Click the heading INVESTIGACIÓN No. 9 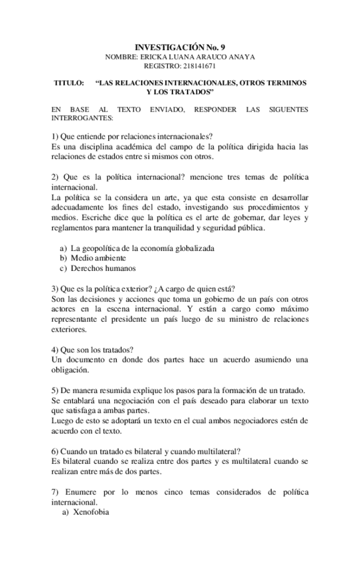180,47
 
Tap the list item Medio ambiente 98,258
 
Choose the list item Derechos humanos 103,268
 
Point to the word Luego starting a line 62,420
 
